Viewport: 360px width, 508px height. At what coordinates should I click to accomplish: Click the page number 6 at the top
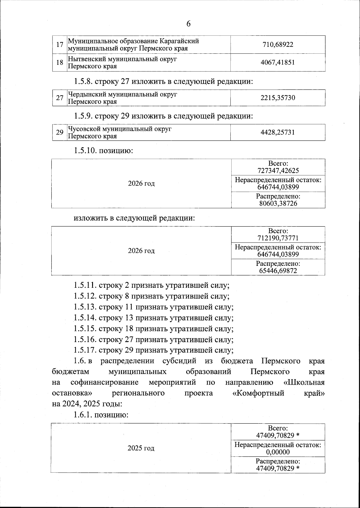188,24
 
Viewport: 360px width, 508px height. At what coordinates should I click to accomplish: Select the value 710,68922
278,45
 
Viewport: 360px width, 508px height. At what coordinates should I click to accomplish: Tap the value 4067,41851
278,62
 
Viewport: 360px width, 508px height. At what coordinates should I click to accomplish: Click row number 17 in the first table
60,45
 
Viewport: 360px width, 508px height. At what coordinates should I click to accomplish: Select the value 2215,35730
278,98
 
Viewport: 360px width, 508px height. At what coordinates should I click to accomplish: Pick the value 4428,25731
278,132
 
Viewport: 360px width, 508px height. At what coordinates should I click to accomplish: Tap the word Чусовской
84,129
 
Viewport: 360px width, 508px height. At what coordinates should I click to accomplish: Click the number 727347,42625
278,171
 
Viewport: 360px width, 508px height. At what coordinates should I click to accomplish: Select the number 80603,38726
278,203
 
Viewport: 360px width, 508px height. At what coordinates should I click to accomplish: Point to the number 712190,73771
278,238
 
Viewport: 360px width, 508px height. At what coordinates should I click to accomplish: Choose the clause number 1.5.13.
85,307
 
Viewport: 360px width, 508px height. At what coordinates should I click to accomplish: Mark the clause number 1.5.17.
85,350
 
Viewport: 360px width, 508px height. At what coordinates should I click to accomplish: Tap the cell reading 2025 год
141,448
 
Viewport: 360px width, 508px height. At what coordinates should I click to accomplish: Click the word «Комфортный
258,393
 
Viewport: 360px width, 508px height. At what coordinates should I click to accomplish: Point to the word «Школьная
304,382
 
